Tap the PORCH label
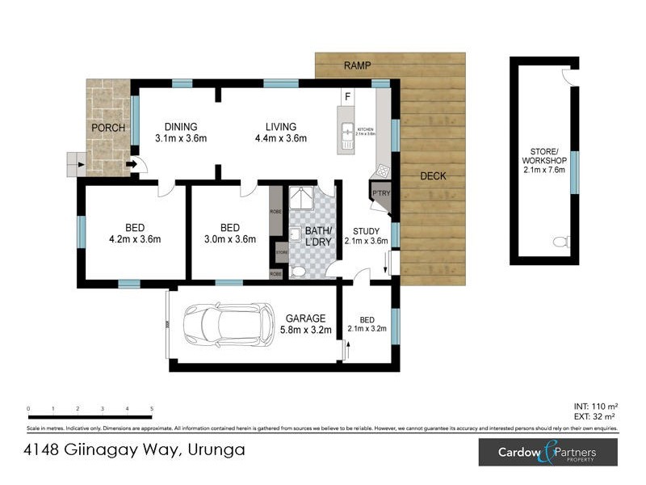[x=107, y=128]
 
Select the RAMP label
[x=357, y=65]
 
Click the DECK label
[x=433, y=176]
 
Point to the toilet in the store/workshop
[x=563, y=242]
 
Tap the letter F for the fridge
[x=347, y=98]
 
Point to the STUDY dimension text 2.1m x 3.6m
[x=366, y=241]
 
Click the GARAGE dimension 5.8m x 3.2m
[x=305, y=329]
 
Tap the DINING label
[x=181, y=127]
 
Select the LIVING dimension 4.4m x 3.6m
[x=280, y=138]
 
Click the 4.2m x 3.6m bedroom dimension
[x=135, y=238]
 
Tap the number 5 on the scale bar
[x=152, y=409]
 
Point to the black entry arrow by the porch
[x=131, y=167]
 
